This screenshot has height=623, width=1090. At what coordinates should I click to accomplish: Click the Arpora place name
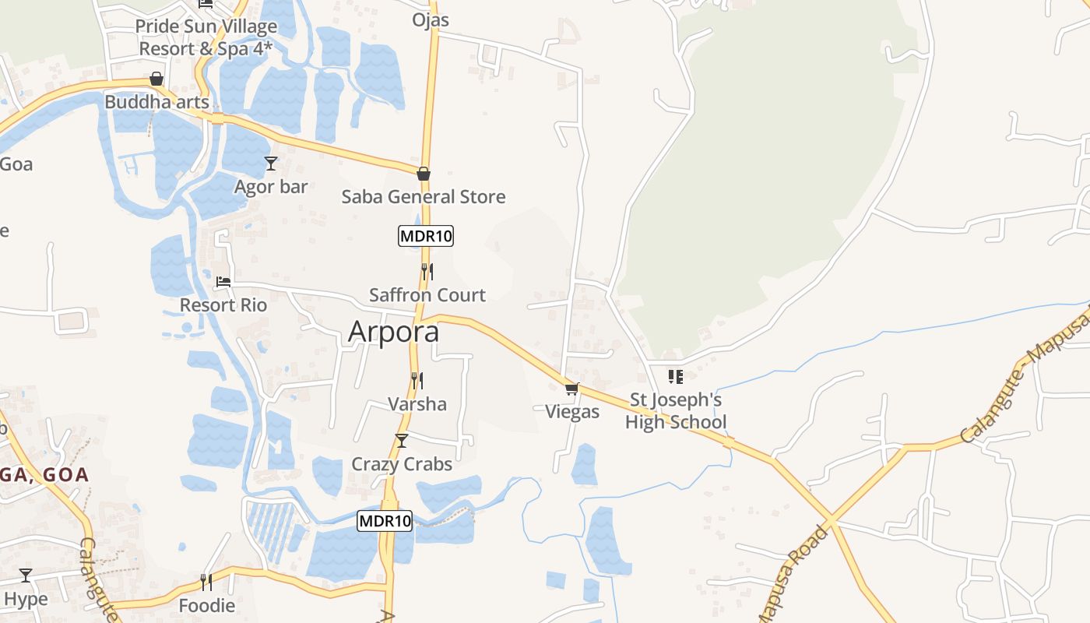point(393,332)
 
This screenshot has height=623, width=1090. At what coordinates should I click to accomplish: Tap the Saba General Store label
point(424,197)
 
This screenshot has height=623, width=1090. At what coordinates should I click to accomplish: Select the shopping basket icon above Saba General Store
point(424,174)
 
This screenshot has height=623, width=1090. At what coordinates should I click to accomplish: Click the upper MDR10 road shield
point(426,236)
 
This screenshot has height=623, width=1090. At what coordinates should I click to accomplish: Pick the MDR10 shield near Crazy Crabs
point(385,521)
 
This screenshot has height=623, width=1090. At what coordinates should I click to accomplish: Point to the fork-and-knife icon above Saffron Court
point(427,272)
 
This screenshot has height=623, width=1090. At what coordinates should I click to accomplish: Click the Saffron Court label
point(427,295)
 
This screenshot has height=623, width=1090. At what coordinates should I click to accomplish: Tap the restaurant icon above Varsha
point(417,381)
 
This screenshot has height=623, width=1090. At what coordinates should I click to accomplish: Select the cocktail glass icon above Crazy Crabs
point(402,441)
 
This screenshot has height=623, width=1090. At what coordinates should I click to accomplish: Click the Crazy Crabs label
point(402,464)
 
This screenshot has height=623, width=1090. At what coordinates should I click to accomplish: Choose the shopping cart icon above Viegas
point(572,389)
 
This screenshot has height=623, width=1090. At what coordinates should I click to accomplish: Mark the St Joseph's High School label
point(676,411)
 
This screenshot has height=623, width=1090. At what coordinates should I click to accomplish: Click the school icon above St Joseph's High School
point(675,377)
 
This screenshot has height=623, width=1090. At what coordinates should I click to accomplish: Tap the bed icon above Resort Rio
point(223,281)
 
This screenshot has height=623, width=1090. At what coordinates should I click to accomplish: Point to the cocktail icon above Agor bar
point(271,164)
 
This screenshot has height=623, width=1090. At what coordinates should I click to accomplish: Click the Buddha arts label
point(156,102)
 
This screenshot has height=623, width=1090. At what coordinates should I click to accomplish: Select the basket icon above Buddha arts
point(156,79)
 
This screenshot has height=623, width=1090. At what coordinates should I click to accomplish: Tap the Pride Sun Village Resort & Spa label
point(206,37)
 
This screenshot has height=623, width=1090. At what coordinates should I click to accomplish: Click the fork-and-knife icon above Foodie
point(206,582)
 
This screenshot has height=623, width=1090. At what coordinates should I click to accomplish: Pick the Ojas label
point(431,19)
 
